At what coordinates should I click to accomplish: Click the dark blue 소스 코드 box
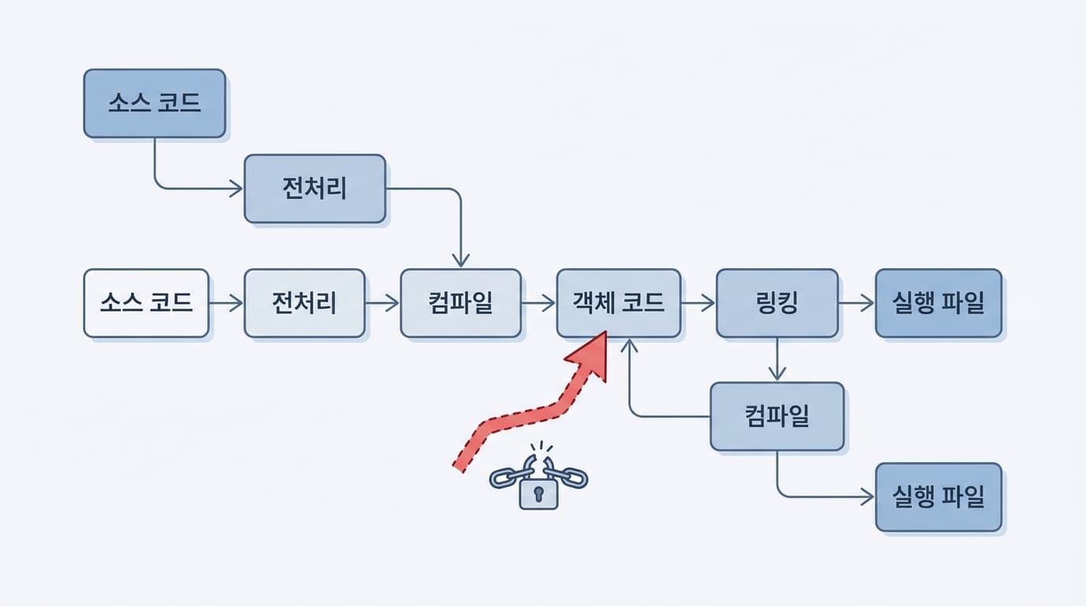pos(155,103)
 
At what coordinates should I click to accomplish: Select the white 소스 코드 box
pos(147,303)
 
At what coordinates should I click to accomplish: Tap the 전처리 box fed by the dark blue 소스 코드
pos(315,189)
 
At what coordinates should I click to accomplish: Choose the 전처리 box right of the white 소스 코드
pos(305,303)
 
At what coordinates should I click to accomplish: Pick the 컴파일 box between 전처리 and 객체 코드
pos(461,303)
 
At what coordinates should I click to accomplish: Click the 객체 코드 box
pos(619,303)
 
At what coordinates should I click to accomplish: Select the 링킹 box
pos(777,303)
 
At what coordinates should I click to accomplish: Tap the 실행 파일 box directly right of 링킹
pos(938,303)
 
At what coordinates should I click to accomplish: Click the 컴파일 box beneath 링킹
pos(777,417)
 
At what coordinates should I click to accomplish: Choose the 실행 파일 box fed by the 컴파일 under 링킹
pos(938,497)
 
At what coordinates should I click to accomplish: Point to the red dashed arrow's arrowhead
pos(590,355)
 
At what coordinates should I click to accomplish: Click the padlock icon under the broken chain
pos(538,494)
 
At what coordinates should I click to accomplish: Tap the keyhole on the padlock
pos(538,493)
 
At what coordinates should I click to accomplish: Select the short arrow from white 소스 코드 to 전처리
pos(227,303)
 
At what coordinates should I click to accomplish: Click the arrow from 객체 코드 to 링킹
pos(698,302)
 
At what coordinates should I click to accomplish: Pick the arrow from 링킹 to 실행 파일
pos(857,302)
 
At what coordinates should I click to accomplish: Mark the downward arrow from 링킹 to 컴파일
pos(778,360)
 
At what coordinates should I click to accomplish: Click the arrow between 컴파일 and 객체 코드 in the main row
pos(539,302)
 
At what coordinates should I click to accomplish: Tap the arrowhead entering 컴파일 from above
pos(461,260)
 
